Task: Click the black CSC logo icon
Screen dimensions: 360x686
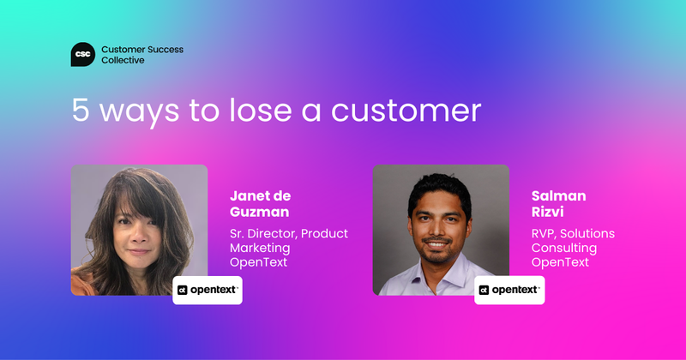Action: tap(83, 55)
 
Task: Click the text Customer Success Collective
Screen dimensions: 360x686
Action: tap(141, 55)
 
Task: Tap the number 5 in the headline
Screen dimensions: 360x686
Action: tap(80, 112)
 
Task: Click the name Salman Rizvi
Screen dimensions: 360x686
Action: tap(559, 202)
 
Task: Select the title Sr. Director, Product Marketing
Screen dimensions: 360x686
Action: tap(288, 240)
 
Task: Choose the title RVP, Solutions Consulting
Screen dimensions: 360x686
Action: tap(573, 240)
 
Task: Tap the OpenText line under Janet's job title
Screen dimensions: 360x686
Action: tap(258, 262)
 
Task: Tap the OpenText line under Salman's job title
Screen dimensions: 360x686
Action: tap(560, 262)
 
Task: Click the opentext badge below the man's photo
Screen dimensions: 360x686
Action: tap(509, 291)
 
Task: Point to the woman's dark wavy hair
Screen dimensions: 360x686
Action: tap(103, 197)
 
